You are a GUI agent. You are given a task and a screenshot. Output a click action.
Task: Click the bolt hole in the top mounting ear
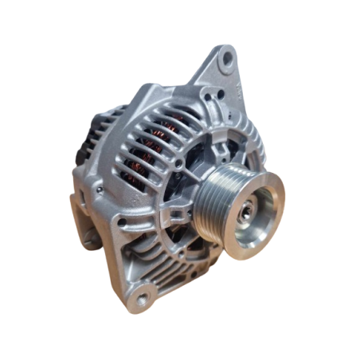pyautogui.click(x=227, y=57)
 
